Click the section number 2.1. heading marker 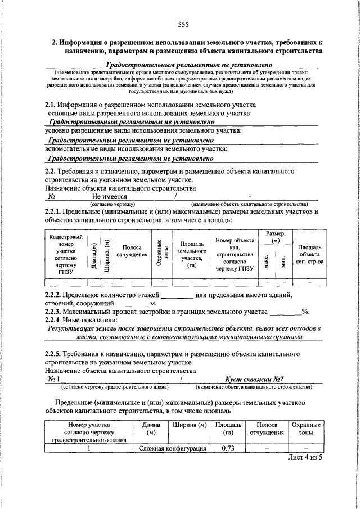click(52, 105)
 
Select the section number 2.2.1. click(55, 211)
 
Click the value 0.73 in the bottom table click(228, 448)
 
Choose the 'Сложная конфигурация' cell click(172, 448)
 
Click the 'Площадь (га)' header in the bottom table click(228, 429)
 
